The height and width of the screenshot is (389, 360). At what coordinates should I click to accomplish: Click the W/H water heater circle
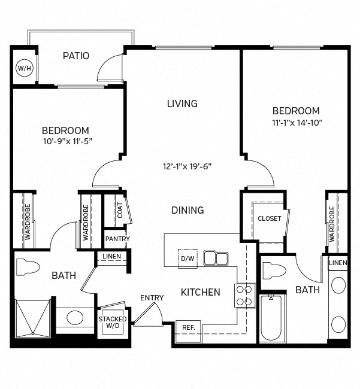24,69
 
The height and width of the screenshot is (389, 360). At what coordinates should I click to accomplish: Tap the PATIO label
76,56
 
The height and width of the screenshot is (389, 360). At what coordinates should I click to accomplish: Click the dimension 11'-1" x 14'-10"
296,123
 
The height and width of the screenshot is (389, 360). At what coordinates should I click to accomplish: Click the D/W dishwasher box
186,259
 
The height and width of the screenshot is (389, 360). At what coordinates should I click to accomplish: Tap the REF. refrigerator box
189,328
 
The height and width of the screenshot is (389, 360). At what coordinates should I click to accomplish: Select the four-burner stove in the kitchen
246,295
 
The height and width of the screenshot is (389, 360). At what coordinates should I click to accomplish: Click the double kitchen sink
216,258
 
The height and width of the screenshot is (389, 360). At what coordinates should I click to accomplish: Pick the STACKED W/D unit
113,323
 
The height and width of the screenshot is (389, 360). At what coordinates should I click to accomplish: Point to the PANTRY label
117,239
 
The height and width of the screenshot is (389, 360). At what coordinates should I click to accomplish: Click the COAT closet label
120,209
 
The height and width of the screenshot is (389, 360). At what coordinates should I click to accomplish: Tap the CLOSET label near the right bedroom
269,218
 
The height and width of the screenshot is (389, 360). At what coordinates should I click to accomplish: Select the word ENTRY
152,298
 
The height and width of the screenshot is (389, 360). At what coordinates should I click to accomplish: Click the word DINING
187,210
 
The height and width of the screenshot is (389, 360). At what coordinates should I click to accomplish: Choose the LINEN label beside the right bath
338,263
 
